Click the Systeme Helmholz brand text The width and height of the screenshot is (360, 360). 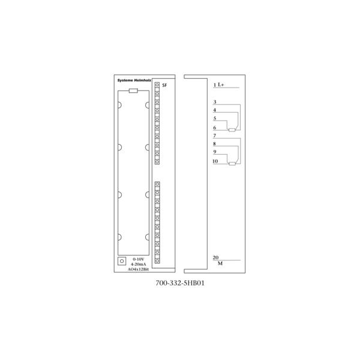134,80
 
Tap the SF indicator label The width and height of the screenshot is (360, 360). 164,85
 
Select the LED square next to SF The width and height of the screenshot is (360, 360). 157,85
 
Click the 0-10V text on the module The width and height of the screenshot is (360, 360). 139,259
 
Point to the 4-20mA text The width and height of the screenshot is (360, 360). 139,264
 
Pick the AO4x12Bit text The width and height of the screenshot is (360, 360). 138,269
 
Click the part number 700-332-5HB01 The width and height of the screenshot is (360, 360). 180,283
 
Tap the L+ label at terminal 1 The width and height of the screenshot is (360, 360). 221,85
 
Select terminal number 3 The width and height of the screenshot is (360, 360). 215,102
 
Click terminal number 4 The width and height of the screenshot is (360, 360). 215,110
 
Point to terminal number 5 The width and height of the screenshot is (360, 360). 215,118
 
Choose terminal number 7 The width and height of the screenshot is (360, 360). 215,136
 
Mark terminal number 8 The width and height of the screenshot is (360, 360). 215,144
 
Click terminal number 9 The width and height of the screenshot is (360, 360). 215,152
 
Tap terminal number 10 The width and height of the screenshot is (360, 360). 215,161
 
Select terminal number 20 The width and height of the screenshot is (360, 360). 215,257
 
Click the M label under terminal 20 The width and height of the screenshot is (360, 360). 220,263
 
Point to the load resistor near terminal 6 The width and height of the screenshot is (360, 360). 232,130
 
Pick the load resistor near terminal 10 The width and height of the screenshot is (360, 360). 232,164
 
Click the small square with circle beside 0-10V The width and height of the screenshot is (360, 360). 122,261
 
